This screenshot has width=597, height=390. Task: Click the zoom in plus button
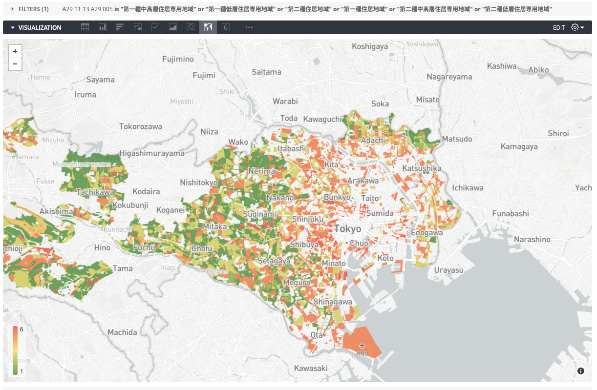[15, 51]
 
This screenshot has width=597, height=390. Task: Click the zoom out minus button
[15, 64]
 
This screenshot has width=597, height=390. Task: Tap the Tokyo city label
[348, 229]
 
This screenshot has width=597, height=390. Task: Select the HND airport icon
[362, 346]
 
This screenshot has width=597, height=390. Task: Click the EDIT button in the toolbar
[559, 28]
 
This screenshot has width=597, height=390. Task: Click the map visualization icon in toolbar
[208, 28]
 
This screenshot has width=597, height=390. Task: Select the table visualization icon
[85, 28]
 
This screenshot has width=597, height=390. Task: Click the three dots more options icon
[249, 28]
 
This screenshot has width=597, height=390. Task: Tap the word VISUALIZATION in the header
[40, 28]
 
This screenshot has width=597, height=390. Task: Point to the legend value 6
[21, 329]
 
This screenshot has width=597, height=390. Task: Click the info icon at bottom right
[581, 371]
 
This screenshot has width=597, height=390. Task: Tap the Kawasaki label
[311, 368]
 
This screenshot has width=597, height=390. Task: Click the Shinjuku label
[307, 219]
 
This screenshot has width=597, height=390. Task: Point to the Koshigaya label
[370, 46]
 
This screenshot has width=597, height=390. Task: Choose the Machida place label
[122, 332]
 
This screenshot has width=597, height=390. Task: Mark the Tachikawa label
[95, 192]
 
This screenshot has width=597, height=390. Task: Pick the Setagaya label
[274, 261]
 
